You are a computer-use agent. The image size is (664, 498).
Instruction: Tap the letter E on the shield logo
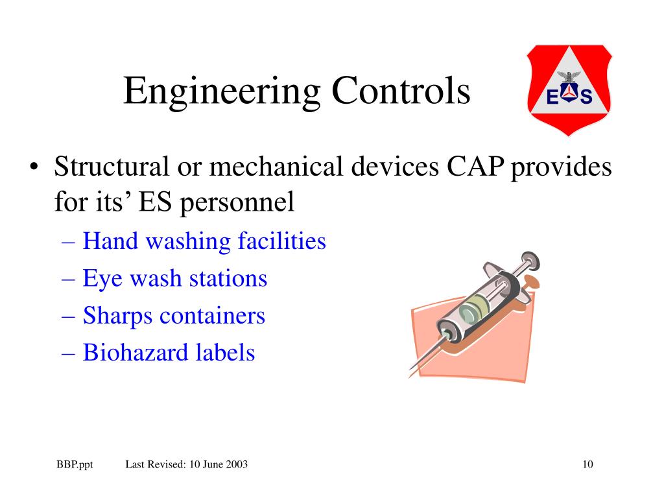(x=552, y=97)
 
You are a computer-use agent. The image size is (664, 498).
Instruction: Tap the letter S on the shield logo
(x=586, y=97)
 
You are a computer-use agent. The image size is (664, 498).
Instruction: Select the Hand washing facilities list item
(x=204, y=241)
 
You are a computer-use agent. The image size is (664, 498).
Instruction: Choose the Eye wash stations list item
(x=174, y=279)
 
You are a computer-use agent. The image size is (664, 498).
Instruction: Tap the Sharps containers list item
(x=174, y=316)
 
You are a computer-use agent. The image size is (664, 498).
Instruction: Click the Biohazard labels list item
(x=169, y=353)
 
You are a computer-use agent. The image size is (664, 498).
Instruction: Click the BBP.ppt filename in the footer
(x=75, y=464)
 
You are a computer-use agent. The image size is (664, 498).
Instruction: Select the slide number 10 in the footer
(x=588, y=464)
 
